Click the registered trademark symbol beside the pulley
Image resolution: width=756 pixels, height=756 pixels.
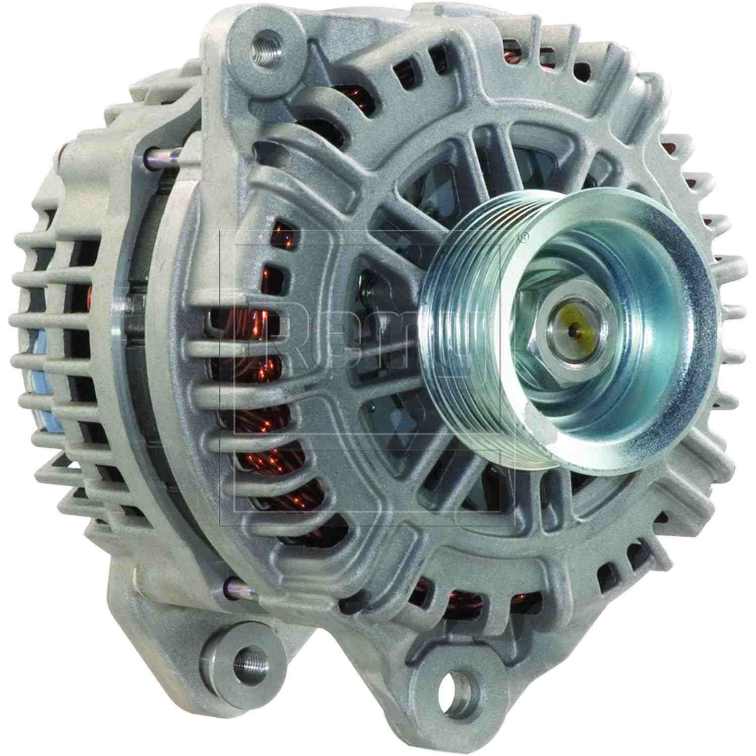pos(524,235)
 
